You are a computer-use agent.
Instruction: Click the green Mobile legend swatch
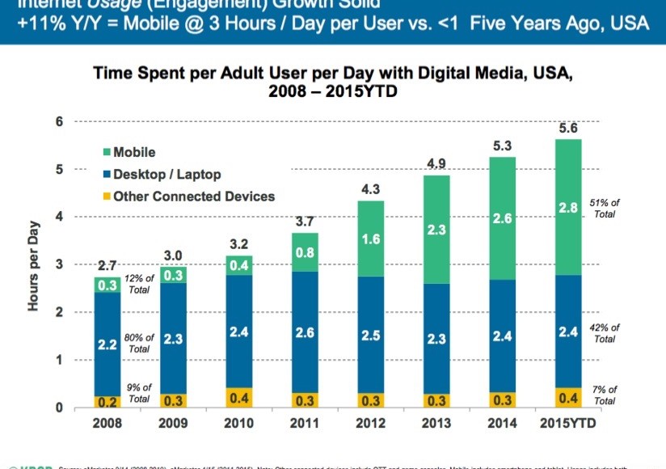click(x=106, y=152)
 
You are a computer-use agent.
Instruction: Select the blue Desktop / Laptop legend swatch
click(x=106, y=174)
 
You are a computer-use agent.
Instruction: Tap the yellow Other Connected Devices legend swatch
click(x=106, y=196)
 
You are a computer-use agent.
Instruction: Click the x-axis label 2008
click(x=107, y=423)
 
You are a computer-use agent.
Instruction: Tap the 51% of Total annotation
click(x=605, y=208)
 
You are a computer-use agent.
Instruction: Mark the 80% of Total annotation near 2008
click(x=139, y=343)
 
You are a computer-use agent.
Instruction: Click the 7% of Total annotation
click(x=605, y=395)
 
